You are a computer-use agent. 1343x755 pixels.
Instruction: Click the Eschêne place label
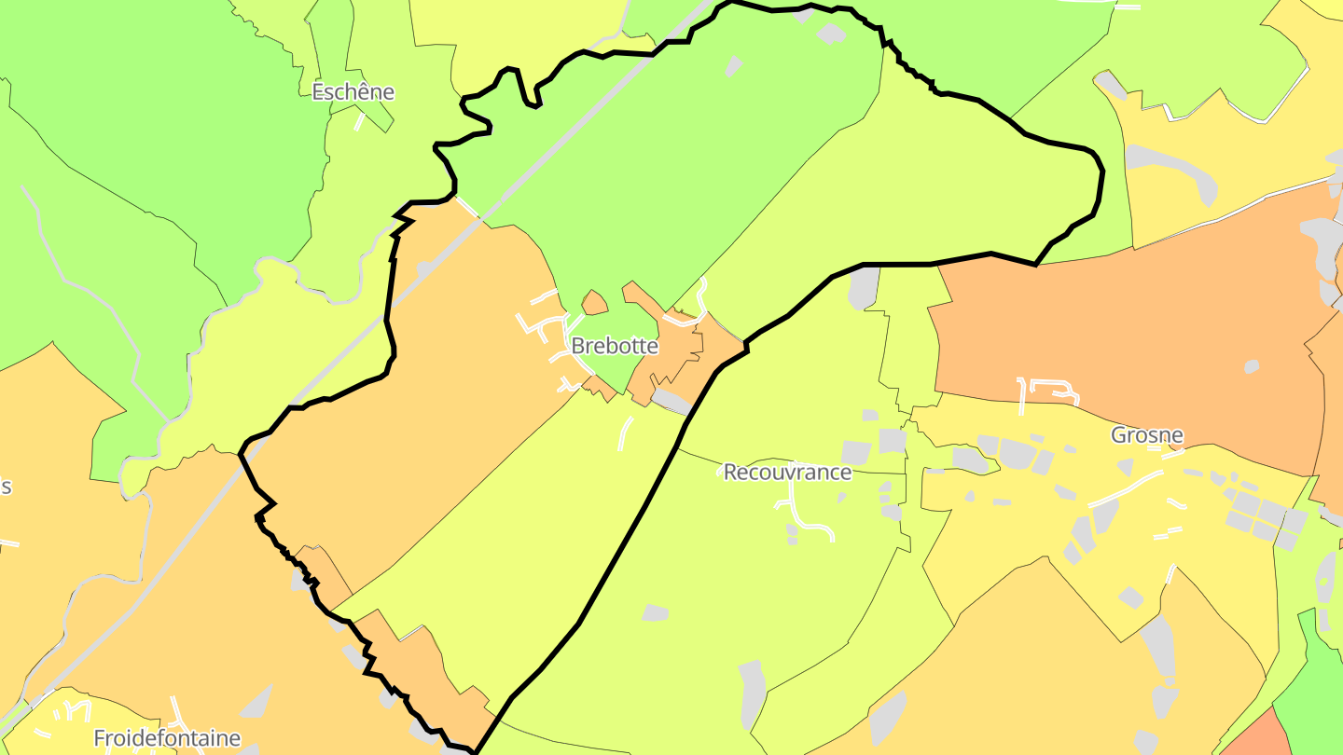point(353,92)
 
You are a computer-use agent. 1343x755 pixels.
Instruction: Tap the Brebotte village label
point(615,347)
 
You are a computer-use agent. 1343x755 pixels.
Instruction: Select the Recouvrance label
point(787,473)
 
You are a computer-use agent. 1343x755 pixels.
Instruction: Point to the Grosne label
point(1146,435)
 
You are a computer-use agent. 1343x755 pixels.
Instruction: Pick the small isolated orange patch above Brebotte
point(594,302)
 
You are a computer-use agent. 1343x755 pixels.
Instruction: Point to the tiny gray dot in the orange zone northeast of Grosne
point(1252,366)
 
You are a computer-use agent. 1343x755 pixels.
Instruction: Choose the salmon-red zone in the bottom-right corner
point(1254,736)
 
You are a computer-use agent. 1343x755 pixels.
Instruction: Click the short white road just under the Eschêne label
point(359,122)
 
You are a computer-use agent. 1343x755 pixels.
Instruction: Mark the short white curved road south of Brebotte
point(625,433)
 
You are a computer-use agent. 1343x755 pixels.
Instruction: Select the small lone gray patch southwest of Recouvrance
point(656,612)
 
